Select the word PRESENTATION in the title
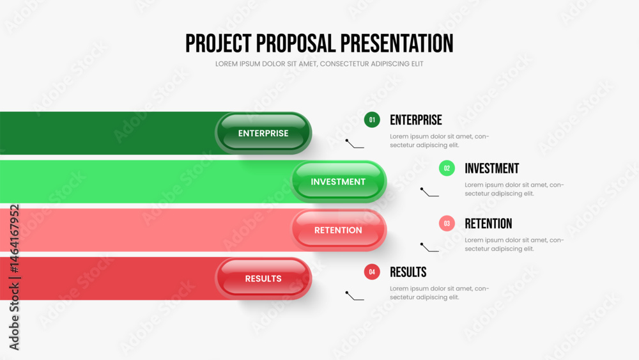click(x=397, y=43)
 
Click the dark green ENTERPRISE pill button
click(x=263, y=133)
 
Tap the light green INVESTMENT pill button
click(x=338, y=182)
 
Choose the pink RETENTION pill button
click(x=338, y=230)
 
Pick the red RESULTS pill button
click(x=263, y=278)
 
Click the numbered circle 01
click(x=372, y=120)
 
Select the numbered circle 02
click(x=447, y=168)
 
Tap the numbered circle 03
click(x=447, y=223)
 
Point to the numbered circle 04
click(x=372, y=272)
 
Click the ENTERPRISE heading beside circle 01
click(x=416, y=120)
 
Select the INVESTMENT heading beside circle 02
click(x=492, y=168)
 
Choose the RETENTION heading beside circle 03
click(x=488, y=223)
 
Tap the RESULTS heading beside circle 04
click(x=408, y=272)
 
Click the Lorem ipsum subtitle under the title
click(x=319, y=64)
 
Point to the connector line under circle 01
click(x=354, y=145)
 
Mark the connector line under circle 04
click(x=354, y=297)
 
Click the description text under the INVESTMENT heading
click(x=514, y=189)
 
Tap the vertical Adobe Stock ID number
click(x=14, y=239)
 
